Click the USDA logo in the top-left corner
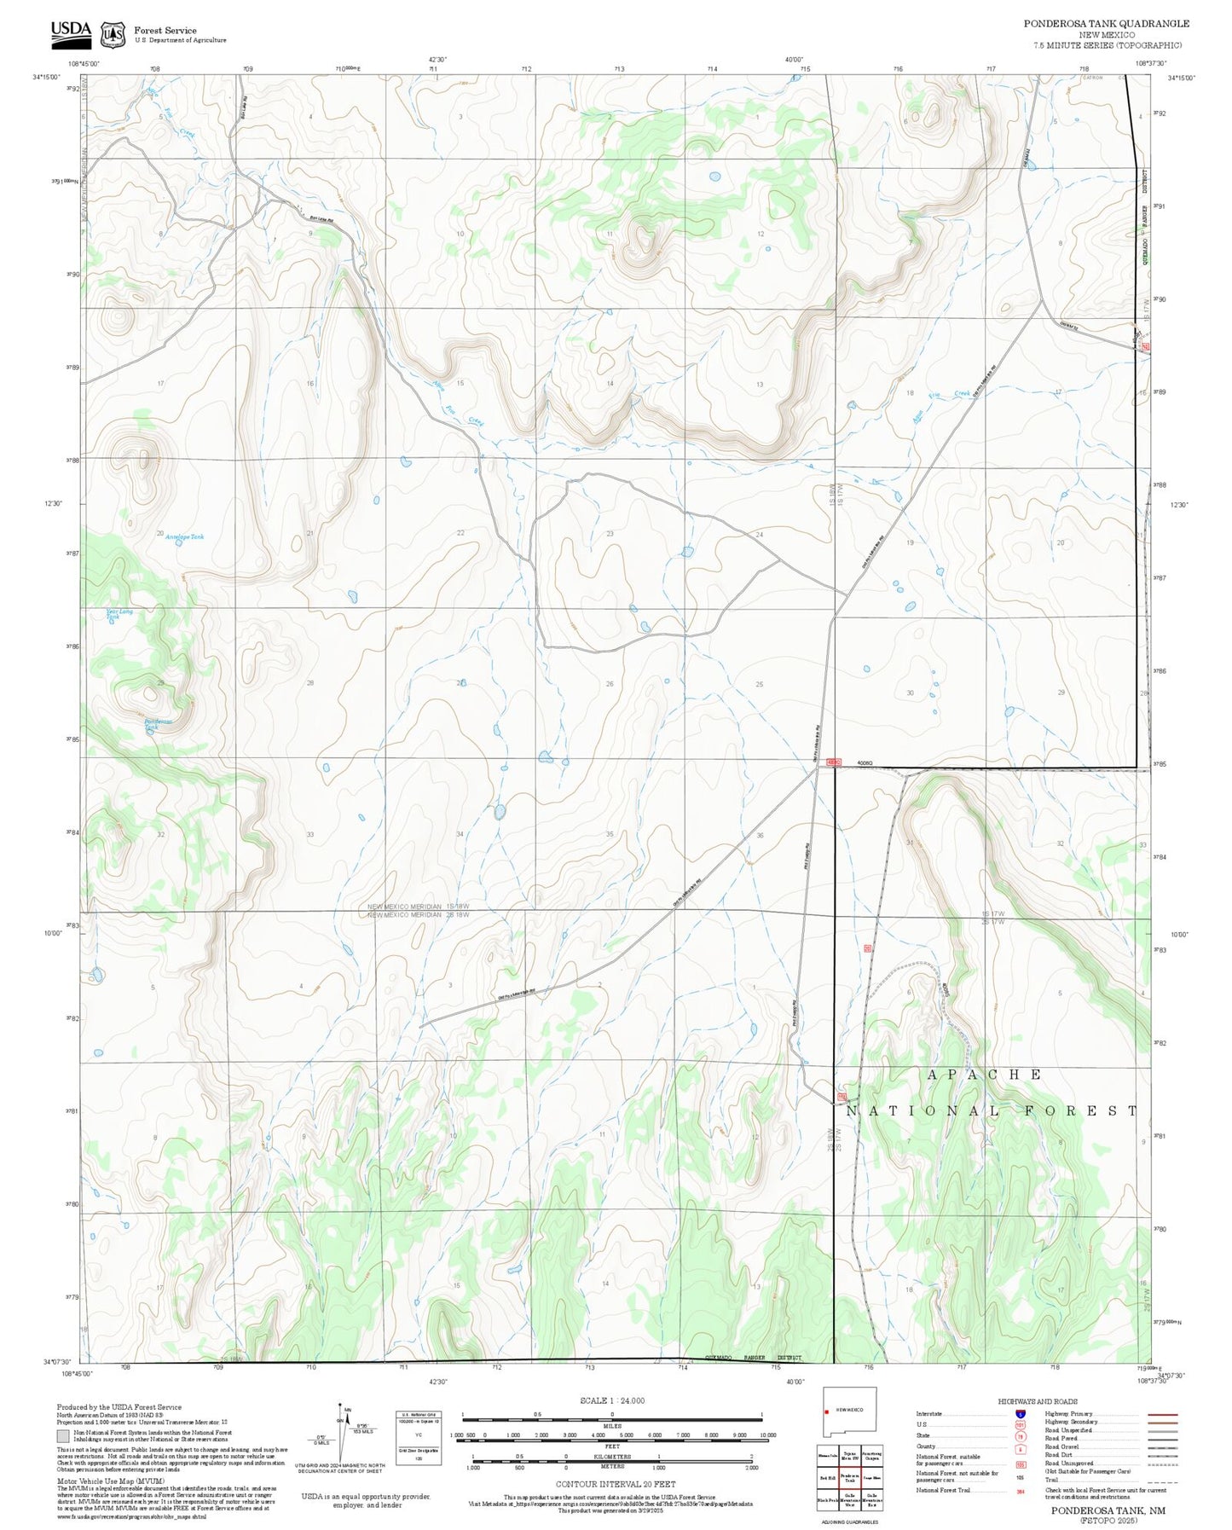70,32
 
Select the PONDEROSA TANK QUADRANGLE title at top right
1106,24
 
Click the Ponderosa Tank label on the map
158,722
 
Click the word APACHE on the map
983,1075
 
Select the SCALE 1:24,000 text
611,1400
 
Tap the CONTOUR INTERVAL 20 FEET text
611,1484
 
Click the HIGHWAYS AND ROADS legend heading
1038,1401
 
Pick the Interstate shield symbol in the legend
1020,1414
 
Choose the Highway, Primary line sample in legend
1162,1414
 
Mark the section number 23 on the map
610,534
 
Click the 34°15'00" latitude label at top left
47,77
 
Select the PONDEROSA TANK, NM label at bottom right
1108,1510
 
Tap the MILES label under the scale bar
611,1424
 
